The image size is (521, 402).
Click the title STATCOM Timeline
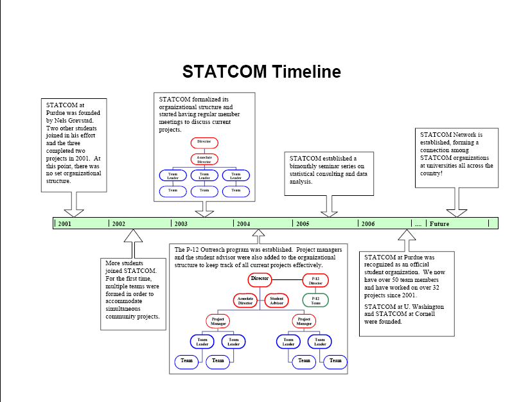click(x=261, y=72)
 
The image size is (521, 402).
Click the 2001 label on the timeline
click(x=64, y=223)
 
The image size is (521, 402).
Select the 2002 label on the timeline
click(x=118, y=223)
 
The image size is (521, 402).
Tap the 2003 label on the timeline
click(x=181, y=223)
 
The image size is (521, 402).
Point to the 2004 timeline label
click(x=243, y=223)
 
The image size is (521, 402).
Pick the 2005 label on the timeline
click(x=303, y=223)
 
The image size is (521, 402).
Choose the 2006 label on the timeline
click(x=367, y=223)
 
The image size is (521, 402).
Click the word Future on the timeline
click(x=439, y=223)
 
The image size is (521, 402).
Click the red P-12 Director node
click(x=315, y=280)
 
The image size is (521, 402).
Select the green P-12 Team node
click(x=315, y=300)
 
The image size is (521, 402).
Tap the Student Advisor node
click(x=276, y=300)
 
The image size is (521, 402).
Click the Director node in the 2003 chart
click(x=204, y=142)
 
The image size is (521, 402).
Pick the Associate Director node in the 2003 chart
click(x=204, y=158)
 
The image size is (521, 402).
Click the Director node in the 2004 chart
click(x=260, y=279)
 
